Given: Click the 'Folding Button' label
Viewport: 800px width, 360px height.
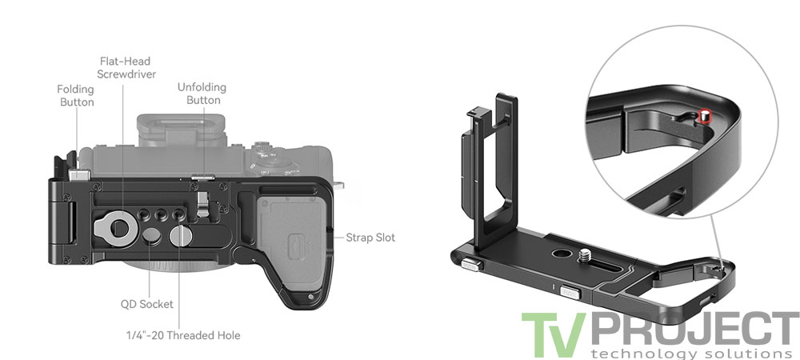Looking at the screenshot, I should [75, 95].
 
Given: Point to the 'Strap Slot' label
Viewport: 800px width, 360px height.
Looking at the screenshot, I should [370, 238].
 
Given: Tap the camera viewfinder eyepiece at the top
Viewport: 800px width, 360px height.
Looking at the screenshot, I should [170, 128].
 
